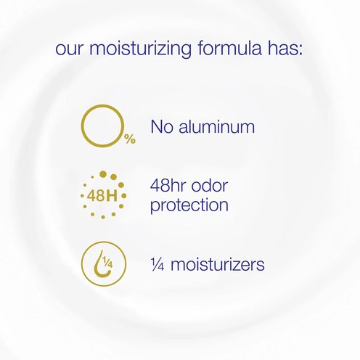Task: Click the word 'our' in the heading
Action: tap(70, 49)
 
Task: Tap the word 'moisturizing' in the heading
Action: tap(141, 49)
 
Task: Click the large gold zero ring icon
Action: tap(82, 126)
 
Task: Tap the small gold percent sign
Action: tap(130, 139)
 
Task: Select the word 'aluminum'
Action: tap(217, 126)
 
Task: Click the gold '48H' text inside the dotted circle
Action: tap(102, 196)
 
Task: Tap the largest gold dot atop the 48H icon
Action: tap(103, 174)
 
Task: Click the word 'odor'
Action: tap(210, 186)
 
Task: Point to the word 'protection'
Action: tap(189, 205)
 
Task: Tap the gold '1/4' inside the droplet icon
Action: tap(107, 262)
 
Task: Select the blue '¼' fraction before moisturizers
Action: tap(157, 264)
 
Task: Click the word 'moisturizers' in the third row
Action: tap(218, 264)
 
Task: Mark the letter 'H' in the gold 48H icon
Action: tap(112, 196)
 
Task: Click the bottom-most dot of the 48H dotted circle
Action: tap(103, 217)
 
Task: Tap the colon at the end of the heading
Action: tap(300, 50)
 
